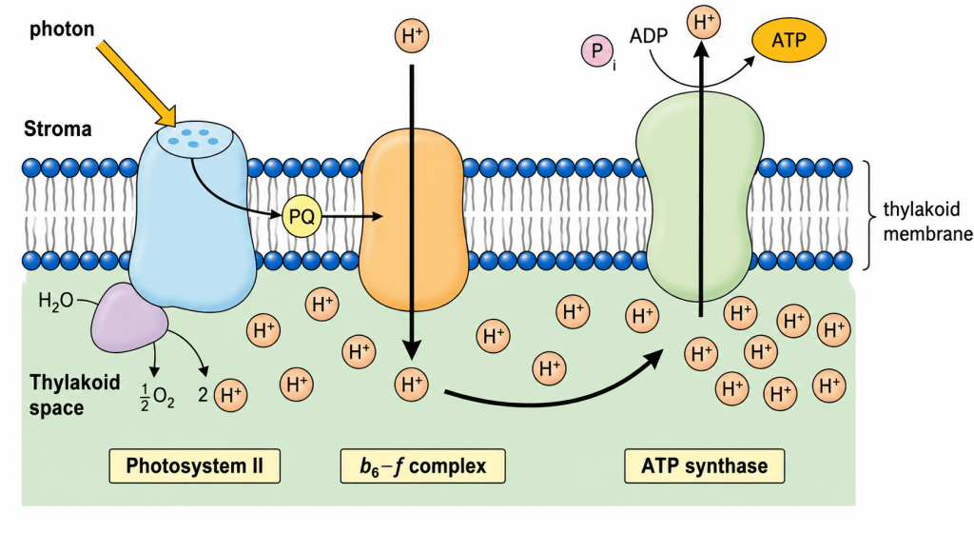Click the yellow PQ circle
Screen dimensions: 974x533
tap(302, 217)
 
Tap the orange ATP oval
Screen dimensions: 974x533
tap(789, 40)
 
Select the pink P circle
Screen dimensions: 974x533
tap(597, 51)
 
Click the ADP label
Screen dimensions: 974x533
tap(649, 36)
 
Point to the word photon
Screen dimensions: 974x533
tap(62, 30)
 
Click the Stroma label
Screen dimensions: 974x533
tap(58, 129)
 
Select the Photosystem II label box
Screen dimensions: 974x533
tap(194, 466)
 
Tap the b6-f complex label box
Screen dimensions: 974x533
tap(422, 466)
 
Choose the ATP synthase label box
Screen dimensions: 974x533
tap(705, 466)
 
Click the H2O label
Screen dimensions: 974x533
tap(55, 302)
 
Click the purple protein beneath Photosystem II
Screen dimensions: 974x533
tap(129, 318)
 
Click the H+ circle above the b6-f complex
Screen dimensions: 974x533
tap(411, 36)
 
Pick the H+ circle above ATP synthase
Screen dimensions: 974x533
tap(704, 22)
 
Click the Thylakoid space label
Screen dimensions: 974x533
tap(74, 394)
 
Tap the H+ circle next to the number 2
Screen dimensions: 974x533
tap(230, 395)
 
